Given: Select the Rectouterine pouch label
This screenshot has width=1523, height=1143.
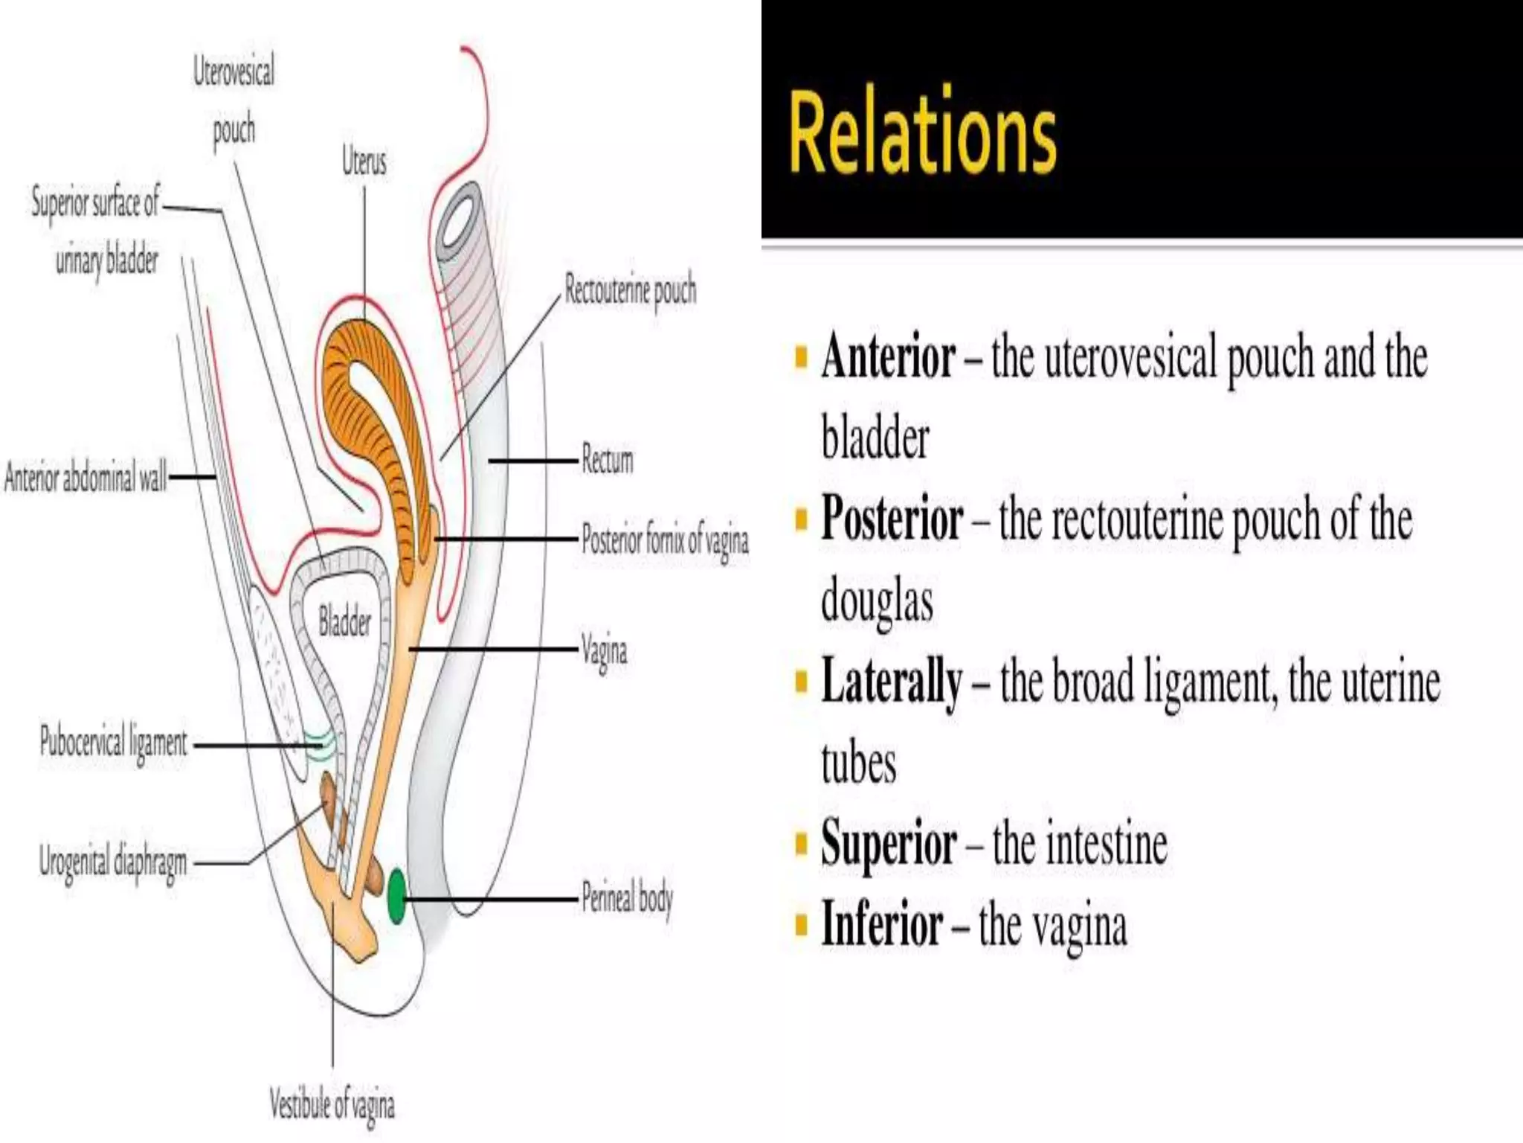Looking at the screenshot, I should pos(631,290).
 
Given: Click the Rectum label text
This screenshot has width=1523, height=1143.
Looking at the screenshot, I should pos(608,460).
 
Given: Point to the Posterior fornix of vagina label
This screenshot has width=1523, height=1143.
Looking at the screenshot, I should pos(665,540).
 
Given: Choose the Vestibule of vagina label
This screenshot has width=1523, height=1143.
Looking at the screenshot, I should pos(332,1104).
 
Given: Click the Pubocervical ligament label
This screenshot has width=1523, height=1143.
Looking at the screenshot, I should pos(114,743).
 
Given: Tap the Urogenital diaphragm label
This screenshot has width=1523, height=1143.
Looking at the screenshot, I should pos(113,863).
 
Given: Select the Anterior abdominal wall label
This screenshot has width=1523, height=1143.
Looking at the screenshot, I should pos(85,477).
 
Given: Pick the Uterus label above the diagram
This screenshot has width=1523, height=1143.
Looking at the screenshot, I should pos(364,161).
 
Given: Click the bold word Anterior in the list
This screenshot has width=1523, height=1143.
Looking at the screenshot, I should pos(888,357).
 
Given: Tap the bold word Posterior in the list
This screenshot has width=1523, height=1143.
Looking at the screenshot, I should pos(892,519).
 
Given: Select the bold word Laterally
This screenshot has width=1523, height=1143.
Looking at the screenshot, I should pos(892,681).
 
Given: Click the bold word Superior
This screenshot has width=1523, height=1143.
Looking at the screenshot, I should pos(889,843).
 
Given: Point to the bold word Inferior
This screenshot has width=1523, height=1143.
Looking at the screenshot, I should pos(882,924).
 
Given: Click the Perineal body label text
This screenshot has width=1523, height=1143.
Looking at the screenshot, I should pos(627,898).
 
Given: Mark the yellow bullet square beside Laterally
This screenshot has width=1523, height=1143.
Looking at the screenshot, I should pos(801,681).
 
